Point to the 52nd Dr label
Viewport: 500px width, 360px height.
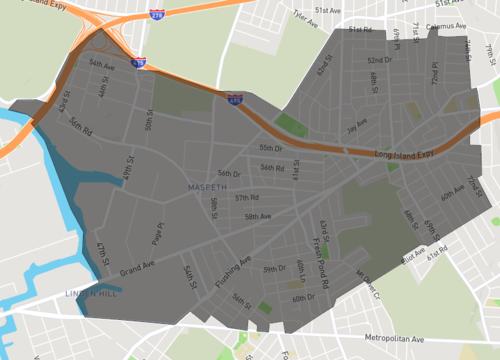(375, 60)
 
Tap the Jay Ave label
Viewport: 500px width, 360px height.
(356, 127)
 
